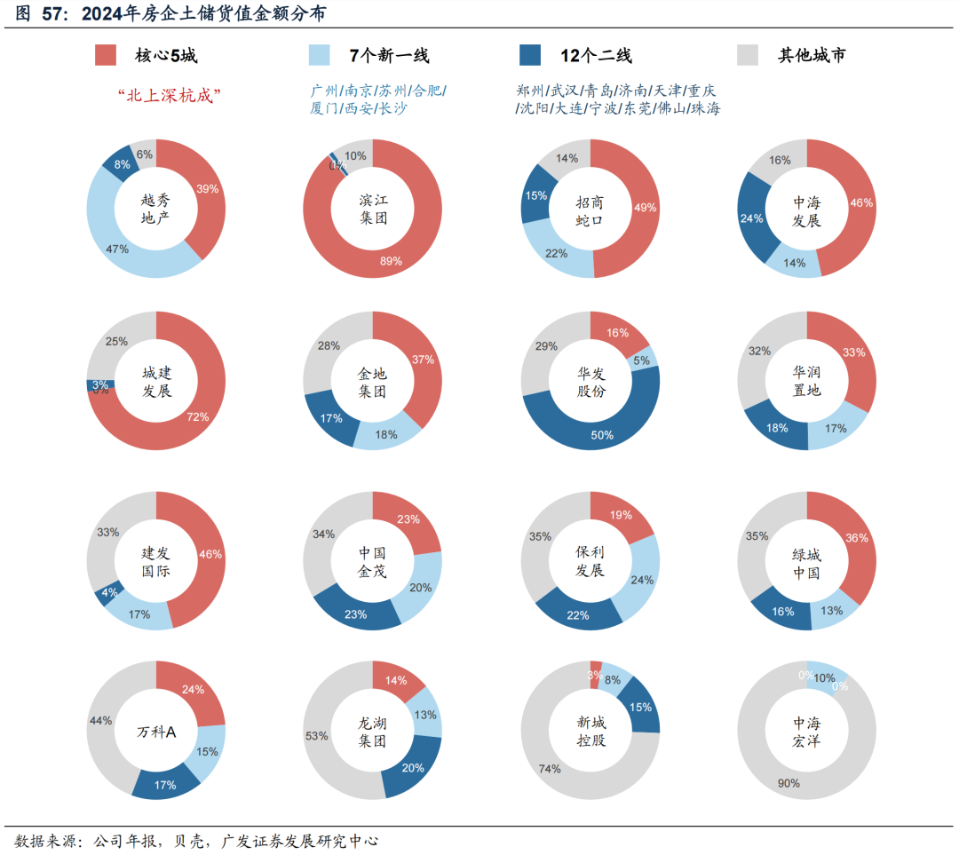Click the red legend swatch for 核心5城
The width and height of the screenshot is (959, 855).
click(107, 55)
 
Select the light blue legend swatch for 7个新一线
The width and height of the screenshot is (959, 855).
click(319, 55)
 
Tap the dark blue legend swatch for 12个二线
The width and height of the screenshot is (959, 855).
click(530, 55)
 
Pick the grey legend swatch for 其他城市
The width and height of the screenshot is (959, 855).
click(748, 55)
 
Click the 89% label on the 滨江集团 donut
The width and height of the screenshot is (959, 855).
click(391, 261)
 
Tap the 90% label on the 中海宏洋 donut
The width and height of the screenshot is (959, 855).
click(789, 783)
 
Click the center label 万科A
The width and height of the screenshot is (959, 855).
click(156, 732)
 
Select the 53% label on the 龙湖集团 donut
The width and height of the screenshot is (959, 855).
click(317, 736)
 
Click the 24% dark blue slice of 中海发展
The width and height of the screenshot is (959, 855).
click(753, 218)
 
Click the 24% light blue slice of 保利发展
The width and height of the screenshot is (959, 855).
click(645, 579)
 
